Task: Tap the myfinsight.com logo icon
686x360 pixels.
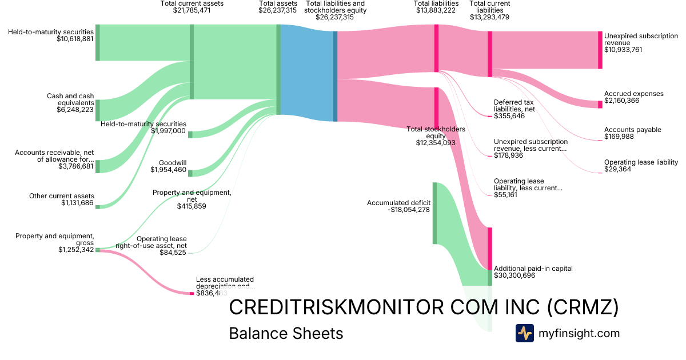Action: coord(524,333)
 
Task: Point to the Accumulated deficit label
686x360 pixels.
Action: coord(398,202)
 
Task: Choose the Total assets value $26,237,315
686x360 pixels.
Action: coord(277,10)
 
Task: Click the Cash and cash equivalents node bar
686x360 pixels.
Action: coord(97,110)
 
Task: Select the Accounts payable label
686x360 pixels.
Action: coord(632,130)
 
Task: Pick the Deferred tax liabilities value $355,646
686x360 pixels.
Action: coord(509,116)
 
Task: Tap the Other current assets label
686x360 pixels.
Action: coord(62,196)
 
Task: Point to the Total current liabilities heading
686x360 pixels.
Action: coord(489,7)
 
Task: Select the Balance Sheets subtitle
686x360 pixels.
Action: coord(286,333)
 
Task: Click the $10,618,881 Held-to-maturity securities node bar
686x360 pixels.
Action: coord(97,42)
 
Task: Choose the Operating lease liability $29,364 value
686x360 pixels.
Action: coord(617,169)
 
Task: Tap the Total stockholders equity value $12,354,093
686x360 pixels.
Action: coord(436,142)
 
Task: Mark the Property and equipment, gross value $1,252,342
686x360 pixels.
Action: coord(75,250)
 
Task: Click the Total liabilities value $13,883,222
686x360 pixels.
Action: coord(436,10)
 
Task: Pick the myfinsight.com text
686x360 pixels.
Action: coord(579,333)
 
